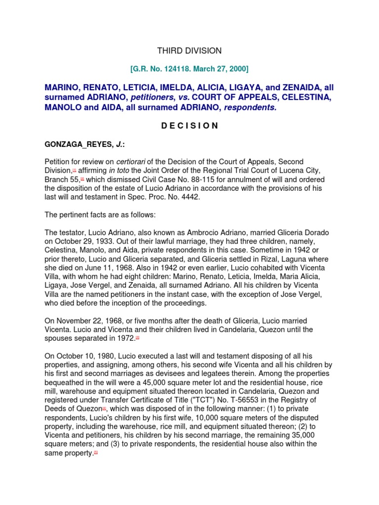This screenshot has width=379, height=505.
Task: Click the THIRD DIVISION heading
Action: pyautogui.click(x=189, y=51)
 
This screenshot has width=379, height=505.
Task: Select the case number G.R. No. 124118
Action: pyautogui.click(x=160, y=68)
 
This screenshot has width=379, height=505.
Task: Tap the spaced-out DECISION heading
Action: pyautogui.click(x=189, y=126)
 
